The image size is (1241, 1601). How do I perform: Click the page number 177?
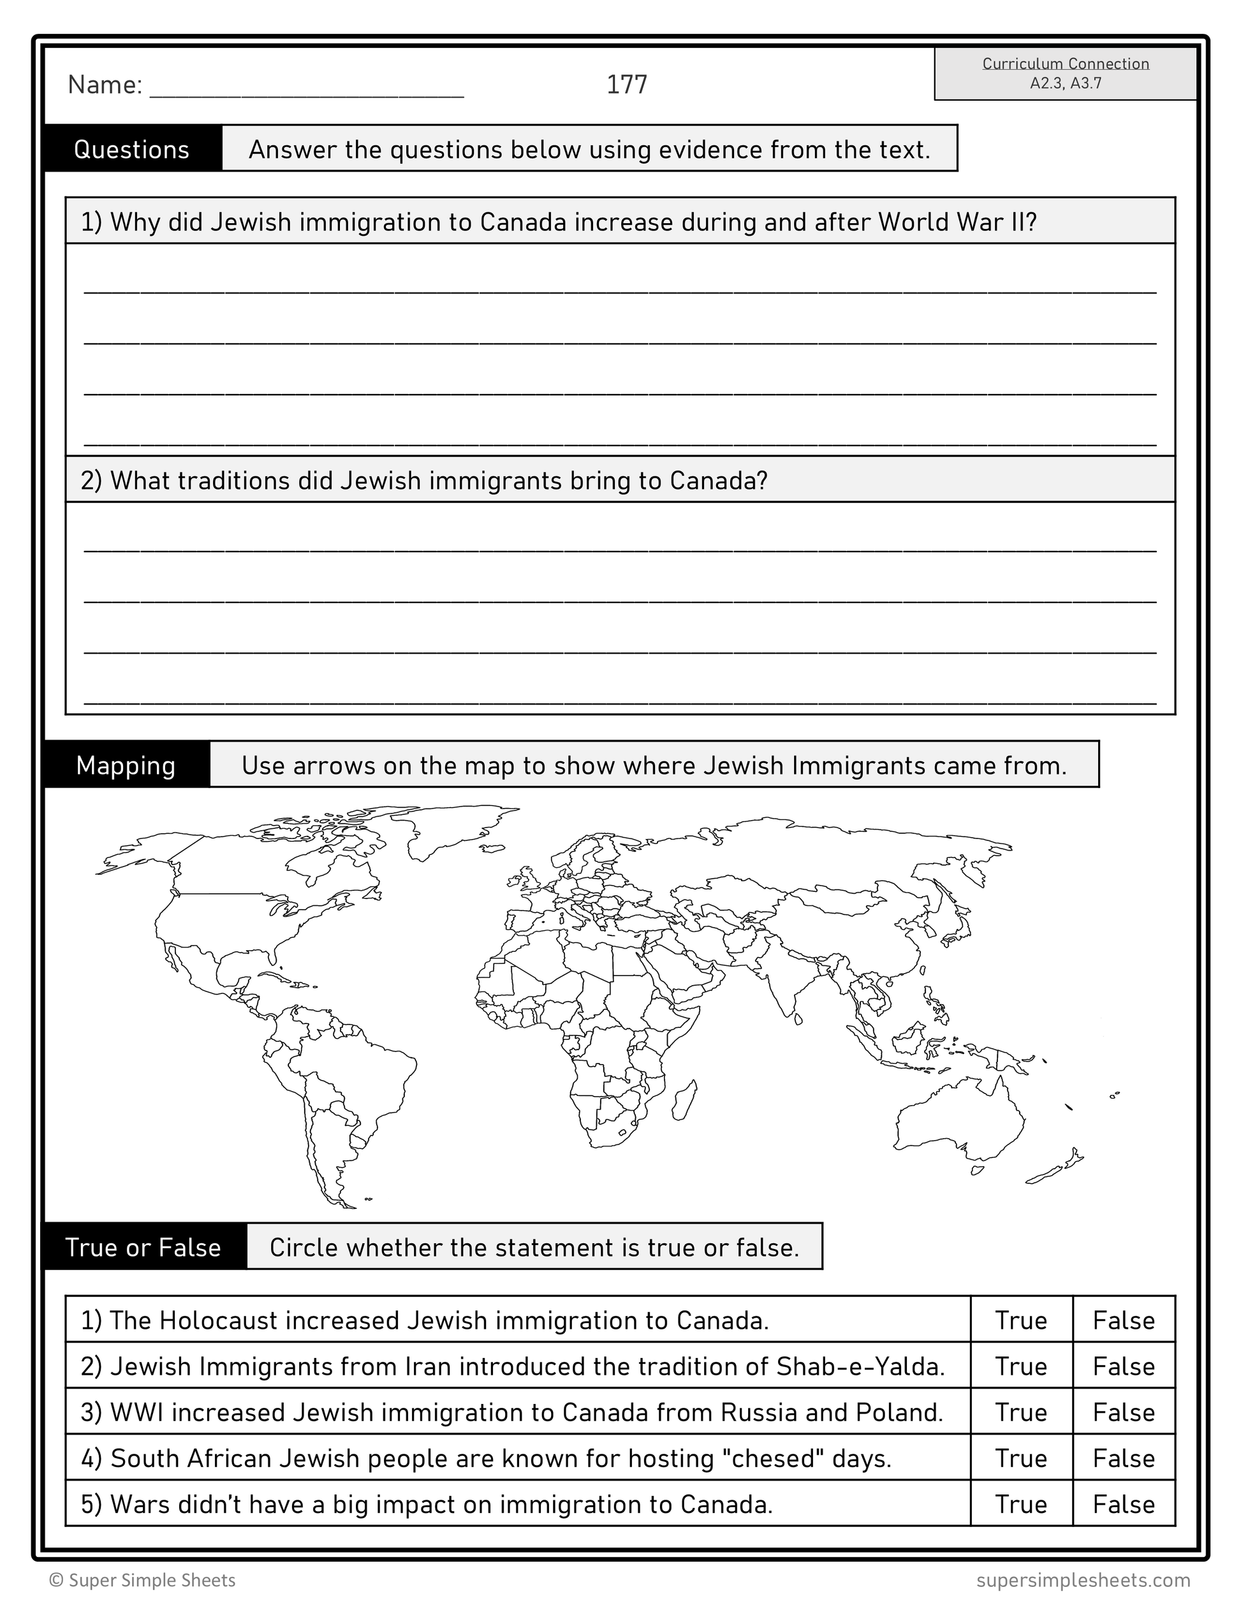627,85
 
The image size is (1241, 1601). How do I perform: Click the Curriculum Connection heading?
1065,64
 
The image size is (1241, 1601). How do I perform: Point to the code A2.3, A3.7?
1065,84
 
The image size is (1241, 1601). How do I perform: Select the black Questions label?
132,150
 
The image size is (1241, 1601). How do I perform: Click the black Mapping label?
126,765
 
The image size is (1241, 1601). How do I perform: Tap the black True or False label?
143,1248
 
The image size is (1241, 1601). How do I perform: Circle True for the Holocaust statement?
1021,1321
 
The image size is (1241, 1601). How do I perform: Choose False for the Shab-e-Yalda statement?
1124,1367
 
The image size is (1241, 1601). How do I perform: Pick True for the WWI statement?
1021,1413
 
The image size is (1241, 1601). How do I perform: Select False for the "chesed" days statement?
1124,1459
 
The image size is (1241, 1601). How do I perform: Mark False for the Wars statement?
1124,1504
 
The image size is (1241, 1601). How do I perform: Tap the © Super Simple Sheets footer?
142,1581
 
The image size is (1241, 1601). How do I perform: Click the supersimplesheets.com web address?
1083,1581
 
